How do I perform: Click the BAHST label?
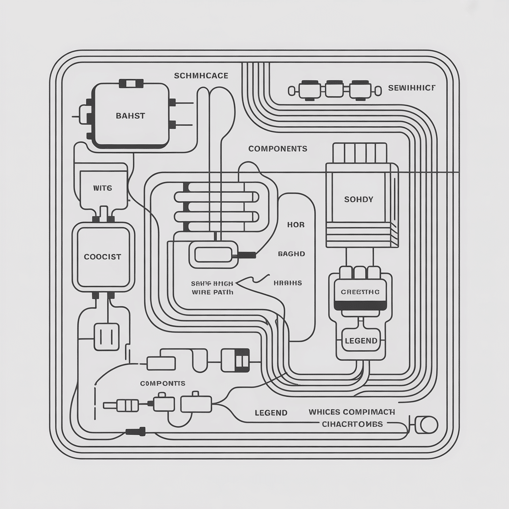(130, 116)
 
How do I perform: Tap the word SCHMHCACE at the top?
(201, 76)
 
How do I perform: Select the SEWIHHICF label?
(411, 88)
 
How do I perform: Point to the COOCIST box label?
(102, 257)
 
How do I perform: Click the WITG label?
(102, 188)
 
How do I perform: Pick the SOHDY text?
(358, 199)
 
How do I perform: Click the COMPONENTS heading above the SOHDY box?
(277, 149)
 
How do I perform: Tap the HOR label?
(296, 225)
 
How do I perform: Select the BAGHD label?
(291, 254)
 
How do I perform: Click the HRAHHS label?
(288, 283)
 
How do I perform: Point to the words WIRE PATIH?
(212, 292)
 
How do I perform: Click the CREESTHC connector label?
(360, 292)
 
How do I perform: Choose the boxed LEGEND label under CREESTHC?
(361, 341)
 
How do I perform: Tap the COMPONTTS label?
(163, 383)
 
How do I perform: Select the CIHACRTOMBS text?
(352, 424)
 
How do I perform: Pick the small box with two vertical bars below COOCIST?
(106, 337)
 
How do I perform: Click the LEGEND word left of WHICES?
(271, 413)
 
